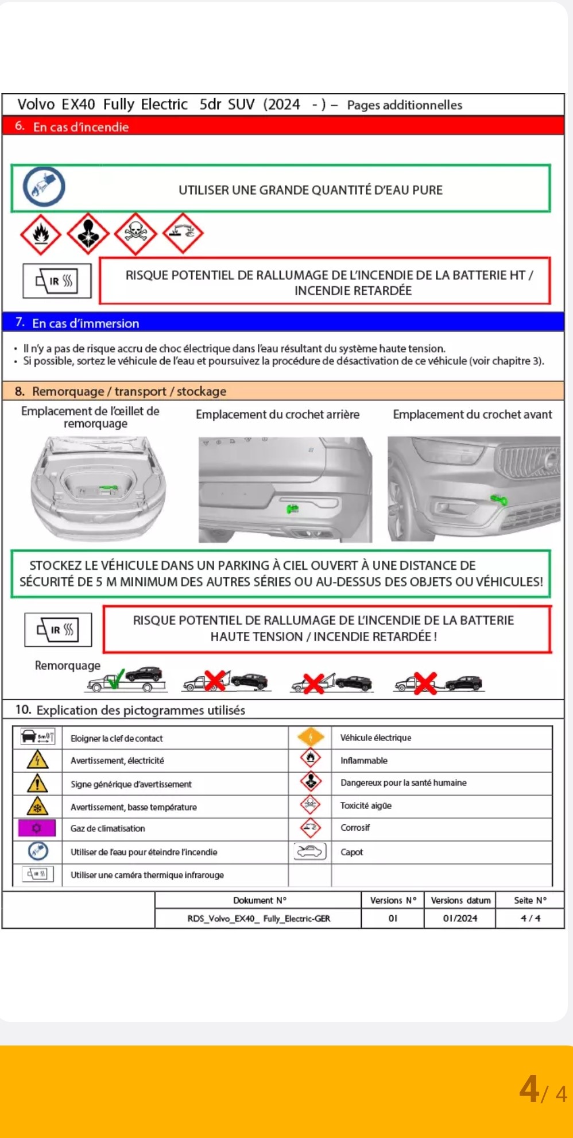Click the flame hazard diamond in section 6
(x=41, y=233)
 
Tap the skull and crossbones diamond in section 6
(x=135, y=233)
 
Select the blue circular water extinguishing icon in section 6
(x=44, y=187)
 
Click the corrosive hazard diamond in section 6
(x=183, y=233)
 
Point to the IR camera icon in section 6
(x=57, y=281)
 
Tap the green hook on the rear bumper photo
(x=292, y=508)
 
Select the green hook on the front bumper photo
(x=498, y=500)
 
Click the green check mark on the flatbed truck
(x=115, y=679)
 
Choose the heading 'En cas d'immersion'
(x=86, y=323)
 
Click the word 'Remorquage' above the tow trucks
(x=67, y=665)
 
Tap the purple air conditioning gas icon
(x=37, y=828)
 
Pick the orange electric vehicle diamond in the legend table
(x=310, y=737)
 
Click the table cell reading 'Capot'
(x=351, y=852)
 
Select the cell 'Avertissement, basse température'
(x=133, y=807)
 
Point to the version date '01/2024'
(x=460, y=918)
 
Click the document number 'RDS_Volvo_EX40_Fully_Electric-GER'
(x=258, y=918)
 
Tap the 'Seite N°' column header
(x=529, y=900)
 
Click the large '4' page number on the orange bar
(x=529, y=1089)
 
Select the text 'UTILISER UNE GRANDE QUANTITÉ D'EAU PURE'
(x=310, y=190)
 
